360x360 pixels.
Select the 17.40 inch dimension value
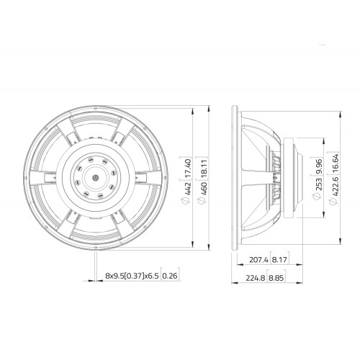tap(188, 168)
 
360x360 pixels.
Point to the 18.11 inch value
tap(203, 168)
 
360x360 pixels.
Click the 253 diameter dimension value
tap(318, 184)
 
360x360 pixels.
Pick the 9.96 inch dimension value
tap(318, 166)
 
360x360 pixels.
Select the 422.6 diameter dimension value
tap(335, 186)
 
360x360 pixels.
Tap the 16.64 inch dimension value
tap(335, 163)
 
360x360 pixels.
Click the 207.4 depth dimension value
tap(258, 260)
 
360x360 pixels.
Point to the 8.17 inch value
tap(279, 260)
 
